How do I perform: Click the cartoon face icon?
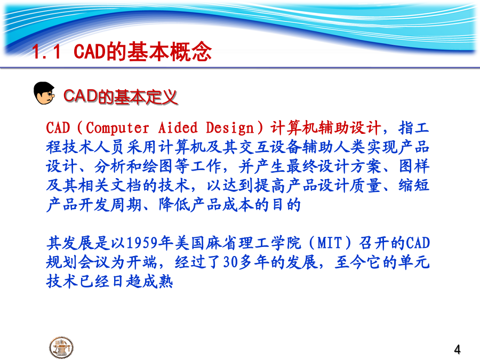[x=44, y=93]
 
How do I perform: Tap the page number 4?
[x=457, y=349]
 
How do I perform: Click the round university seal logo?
[x=61, y=347]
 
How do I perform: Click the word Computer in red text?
[x=117, y=128]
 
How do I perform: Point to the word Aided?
[x=178, y=127]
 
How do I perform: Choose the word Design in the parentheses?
[x=230, y=128]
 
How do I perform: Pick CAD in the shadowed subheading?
[x=81, y=96]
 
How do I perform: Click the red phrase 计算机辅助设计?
[x=326, y=128]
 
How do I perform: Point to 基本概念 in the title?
[x=169, y=51]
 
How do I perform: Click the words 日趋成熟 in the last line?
[x=141, y=281]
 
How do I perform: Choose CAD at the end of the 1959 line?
[x=418, y=243]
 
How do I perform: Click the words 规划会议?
[x=78, y=262]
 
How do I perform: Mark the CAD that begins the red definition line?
[x=58, y=128]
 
